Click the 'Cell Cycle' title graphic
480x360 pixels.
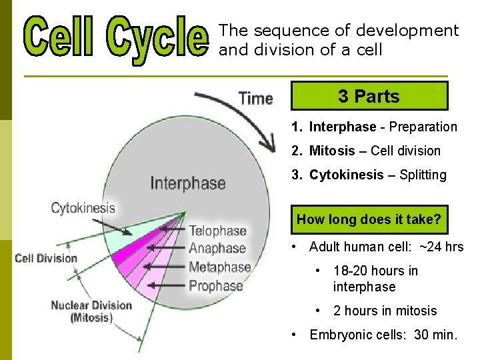(117, 38)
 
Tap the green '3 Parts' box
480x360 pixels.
(369, 96)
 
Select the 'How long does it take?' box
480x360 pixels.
(369, 219)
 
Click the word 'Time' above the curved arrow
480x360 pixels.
(255, 98)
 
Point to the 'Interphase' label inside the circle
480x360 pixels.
(187, 183)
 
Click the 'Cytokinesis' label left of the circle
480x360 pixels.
(83, 208)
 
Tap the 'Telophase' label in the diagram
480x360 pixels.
(217, 231)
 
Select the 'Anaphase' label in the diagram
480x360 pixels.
(217, 249)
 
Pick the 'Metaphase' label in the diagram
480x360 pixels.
(219, 267)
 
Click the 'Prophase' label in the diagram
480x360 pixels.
(216, 286)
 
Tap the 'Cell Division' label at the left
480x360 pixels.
(46, 258)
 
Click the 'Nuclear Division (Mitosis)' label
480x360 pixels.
(91, 311)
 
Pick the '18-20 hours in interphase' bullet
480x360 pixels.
(375, 279)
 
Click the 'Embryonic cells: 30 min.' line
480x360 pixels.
(383, 335)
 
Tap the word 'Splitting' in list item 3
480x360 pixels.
(423, 175)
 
